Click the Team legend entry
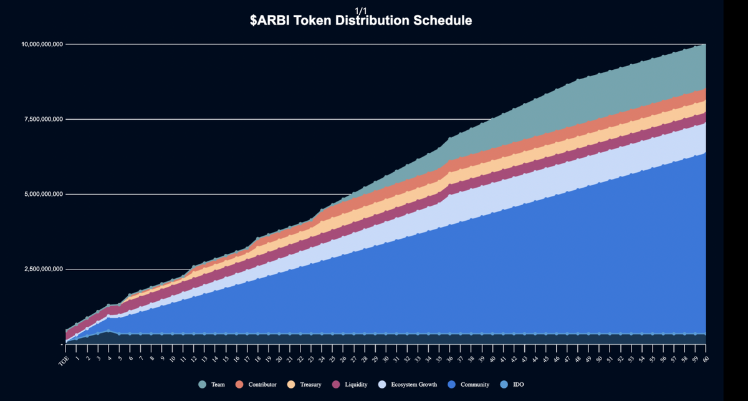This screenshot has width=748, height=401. [212, 384]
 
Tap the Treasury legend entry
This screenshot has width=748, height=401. [304, 384]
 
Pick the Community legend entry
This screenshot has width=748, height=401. [468, 384]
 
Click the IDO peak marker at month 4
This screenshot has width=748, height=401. [108, 331]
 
